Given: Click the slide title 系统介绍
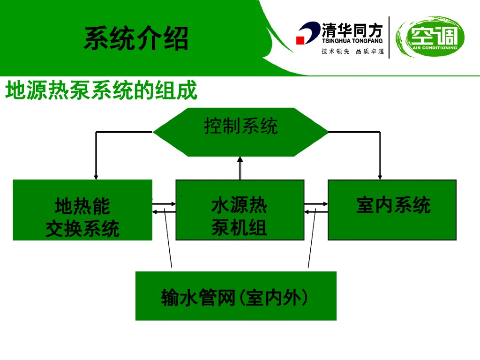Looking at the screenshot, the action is coord(136,38).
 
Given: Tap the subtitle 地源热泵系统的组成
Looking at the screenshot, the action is coord(101,90).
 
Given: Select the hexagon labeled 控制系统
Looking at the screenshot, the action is coord(241,132).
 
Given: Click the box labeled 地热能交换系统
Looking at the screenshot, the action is coord(82,210).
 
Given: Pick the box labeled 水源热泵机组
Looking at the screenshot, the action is coord(240,210).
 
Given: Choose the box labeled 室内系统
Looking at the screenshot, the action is coord(392,210).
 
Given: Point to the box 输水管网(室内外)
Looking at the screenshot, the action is coord(236,296).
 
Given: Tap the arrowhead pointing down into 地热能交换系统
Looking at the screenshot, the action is coord(96,176).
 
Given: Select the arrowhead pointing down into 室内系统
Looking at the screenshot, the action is coord(380,176).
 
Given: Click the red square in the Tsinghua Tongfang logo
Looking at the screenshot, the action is coord(300,40).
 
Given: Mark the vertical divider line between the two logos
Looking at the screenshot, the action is coord(389,37).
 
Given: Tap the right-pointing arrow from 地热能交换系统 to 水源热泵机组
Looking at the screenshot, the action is coord(164,204).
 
